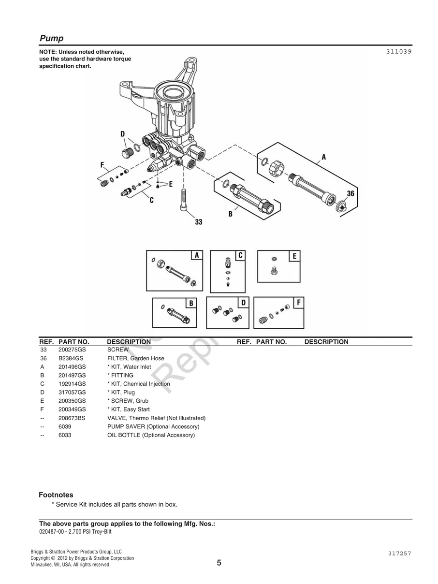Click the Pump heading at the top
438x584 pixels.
point(51,39)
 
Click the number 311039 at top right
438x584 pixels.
point(398,51)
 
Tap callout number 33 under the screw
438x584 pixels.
point(198,222)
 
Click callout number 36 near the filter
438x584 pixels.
point(350,193)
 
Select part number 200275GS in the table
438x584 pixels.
point(72,350)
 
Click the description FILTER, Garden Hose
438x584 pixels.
point(135,358)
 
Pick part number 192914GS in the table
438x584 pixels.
point(72,384)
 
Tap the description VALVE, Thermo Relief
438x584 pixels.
point(156,418)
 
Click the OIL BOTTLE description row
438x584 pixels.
point(151,435)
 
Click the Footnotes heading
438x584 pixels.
point(56,495)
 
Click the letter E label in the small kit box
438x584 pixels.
point(294,256)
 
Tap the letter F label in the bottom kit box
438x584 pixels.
point(298,303)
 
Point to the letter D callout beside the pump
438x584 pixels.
point(122,134)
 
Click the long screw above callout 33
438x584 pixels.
point(184,199)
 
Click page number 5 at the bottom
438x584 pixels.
point(219,563)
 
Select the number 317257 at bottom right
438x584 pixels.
point(399,554)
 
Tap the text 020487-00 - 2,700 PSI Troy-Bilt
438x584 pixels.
point(78,532)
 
